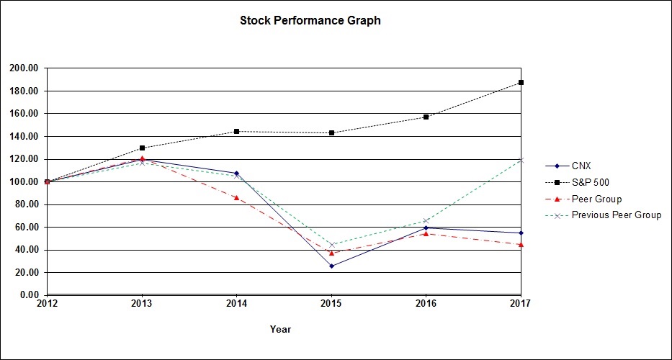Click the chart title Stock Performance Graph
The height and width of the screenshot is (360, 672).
point(310,21)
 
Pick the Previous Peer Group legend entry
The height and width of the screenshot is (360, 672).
point(616,215)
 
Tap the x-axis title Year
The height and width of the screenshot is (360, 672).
point(280,329)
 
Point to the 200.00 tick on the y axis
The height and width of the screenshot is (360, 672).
point(24,68)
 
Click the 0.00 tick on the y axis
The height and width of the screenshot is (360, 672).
point(29,295)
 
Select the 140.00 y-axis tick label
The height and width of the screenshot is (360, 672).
point(24,137)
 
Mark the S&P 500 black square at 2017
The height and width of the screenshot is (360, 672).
point(521,82)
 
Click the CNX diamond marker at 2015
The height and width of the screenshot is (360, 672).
point(331,266)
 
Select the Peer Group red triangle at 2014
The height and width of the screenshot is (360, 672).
point(236,197)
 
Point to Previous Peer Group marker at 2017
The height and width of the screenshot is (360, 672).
point(521,160)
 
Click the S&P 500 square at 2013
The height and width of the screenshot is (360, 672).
point(142,148)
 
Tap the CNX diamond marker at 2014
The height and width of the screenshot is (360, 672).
point(236,174)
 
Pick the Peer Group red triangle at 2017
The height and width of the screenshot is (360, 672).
point(521,244)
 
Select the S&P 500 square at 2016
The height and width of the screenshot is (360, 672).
point(426,117)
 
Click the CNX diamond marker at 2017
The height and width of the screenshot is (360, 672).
point(521,233)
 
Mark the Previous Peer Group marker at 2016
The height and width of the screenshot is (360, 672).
point(426,220)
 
